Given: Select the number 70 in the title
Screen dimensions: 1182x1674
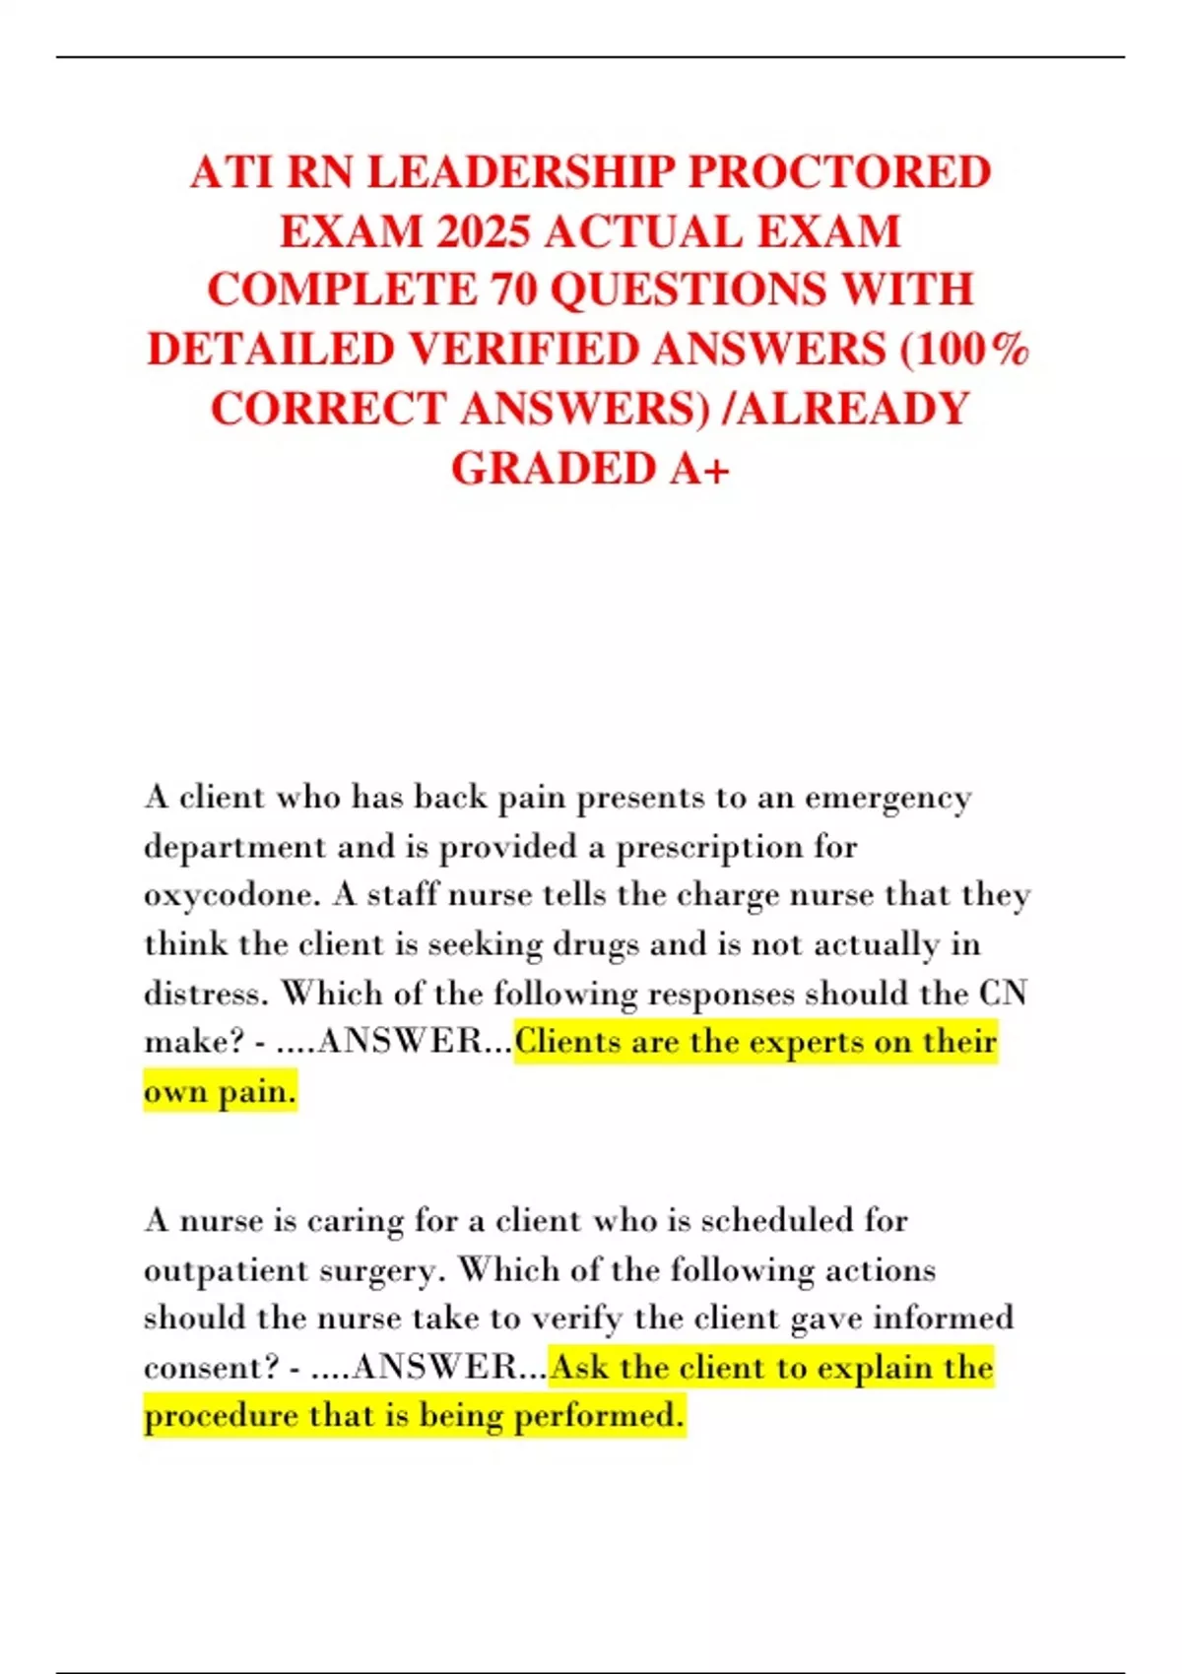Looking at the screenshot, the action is [x=513, y=290].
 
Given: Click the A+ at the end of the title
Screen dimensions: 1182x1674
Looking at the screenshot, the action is [x=699, y=469].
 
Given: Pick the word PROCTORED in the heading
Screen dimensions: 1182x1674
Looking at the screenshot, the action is [x=838, y=172].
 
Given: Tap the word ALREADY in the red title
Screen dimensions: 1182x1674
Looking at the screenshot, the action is [x=853, y=409].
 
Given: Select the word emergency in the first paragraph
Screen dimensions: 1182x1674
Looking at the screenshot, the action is [x=888, y=798].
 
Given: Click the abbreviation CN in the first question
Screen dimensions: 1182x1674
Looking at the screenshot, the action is [x=1003, y=993].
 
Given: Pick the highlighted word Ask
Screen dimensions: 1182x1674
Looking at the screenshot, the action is [x=581, y=1368].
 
